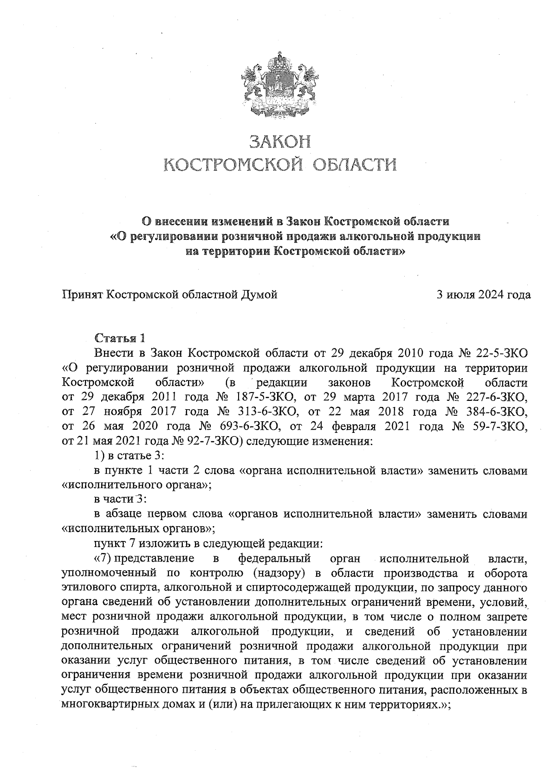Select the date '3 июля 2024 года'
pyautogui.click(x=483, y=294)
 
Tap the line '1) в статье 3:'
pyautogui.click(x=127, y=456)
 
